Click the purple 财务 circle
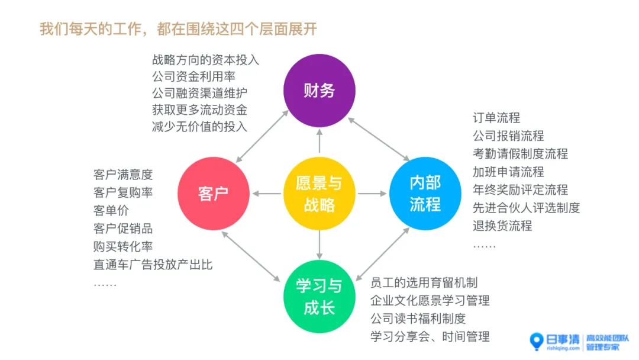tap(319, 91)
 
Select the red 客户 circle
tap(213, 193)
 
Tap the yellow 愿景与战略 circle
tap(319, 193)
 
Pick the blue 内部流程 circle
tap(425, 193)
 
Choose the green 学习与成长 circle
tap(319, 297)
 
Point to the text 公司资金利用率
tap(194, 76)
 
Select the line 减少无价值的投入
tap(199, 126)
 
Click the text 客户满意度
tap(123, 175)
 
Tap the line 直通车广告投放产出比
tap(153, 265)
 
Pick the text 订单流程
tap(496, 118)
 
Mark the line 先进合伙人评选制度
tap(526, 207)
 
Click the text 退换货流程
tap(502, 226)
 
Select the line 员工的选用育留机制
tap(424, 282)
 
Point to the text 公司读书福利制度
tap(418, 319)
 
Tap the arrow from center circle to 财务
tap(319, 141)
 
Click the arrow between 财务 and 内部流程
tap(379, 139)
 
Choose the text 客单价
tap(111, 211)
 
